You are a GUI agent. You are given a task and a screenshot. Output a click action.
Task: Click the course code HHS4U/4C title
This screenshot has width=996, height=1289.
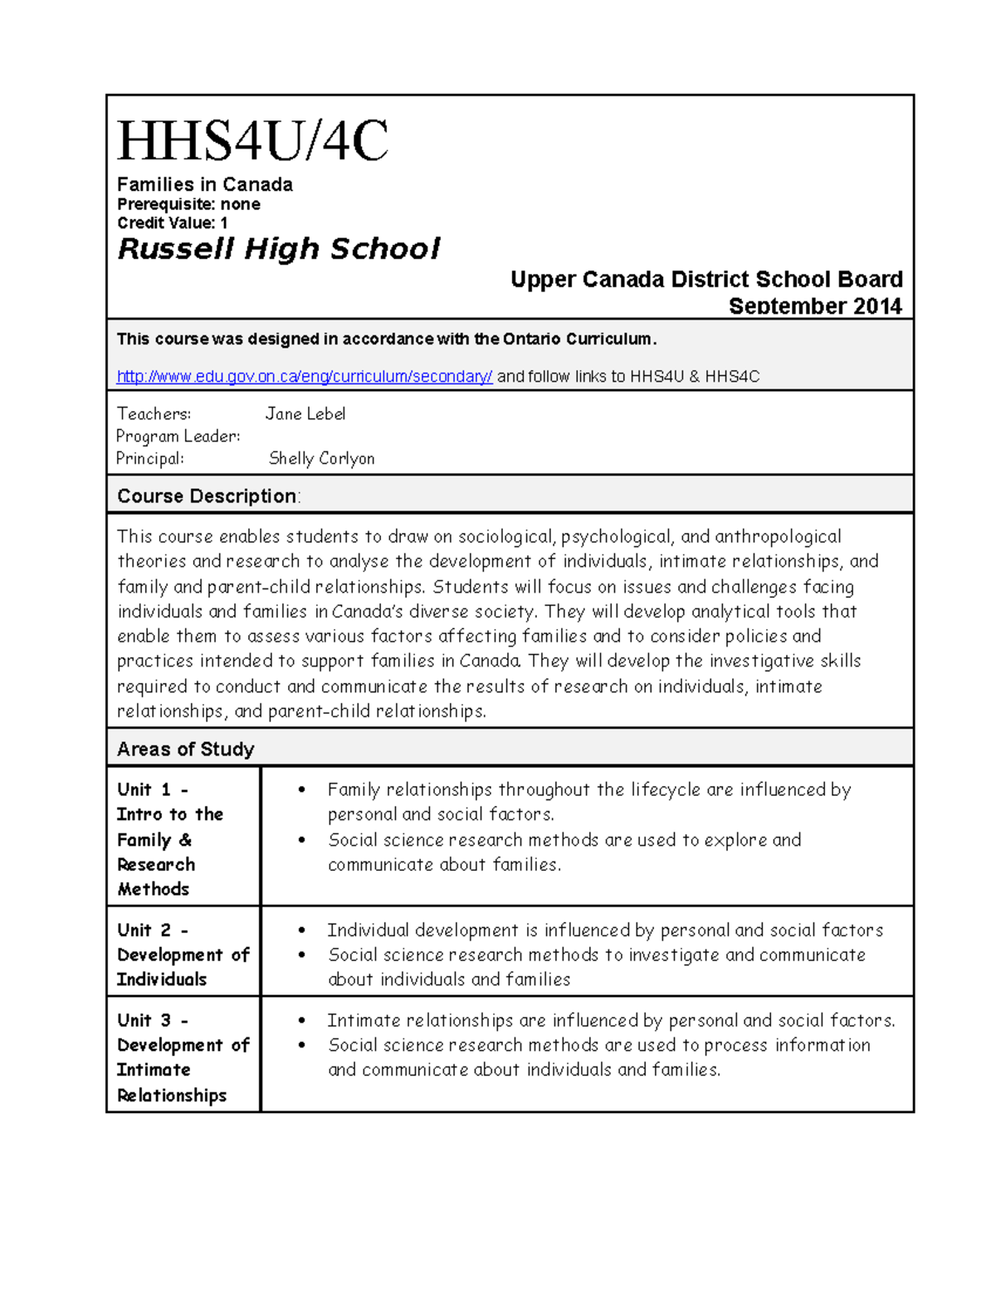(x=252, y=141)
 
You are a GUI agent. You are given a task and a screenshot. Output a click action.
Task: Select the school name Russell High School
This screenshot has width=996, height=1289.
(x=279, y=249)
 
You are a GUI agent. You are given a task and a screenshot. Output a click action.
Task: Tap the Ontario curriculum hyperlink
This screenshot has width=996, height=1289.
(x=305, y=377)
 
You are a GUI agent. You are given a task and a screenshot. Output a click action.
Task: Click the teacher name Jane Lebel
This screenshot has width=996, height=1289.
(x=305, y=413)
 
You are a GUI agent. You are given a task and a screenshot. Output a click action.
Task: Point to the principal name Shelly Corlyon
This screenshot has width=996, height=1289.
(x=321, y=458)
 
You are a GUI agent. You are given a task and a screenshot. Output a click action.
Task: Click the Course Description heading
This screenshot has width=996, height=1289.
(x=207, y=496)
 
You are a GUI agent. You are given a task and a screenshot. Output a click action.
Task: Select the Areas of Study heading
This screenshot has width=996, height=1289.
(x=185, y=749)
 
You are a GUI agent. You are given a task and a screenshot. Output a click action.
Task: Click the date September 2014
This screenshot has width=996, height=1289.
(x=814, y=306)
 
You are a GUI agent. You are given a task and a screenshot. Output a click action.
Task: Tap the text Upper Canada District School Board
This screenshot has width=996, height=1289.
(x=706, y=280)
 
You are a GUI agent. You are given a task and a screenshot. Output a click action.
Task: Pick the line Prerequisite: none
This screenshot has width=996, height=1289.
(x=188, y=204)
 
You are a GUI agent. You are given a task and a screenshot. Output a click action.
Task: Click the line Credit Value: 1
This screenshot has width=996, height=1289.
(x=172, y=222)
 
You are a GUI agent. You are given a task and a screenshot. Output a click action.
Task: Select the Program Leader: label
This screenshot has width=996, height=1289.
(x=178, y=436)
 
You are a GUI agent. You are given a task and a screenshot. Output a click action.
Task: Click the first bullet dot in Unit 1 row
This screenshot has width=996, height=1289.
(x=302, y=790)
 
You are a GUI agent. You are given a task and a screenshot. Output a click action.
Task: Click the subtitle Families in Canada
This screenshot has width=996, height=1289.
(x=204, y=184)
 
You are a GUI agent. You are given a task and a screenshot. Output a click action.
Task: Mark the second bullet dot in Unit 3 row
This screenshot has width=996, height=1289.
(x=302, y=1046)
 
